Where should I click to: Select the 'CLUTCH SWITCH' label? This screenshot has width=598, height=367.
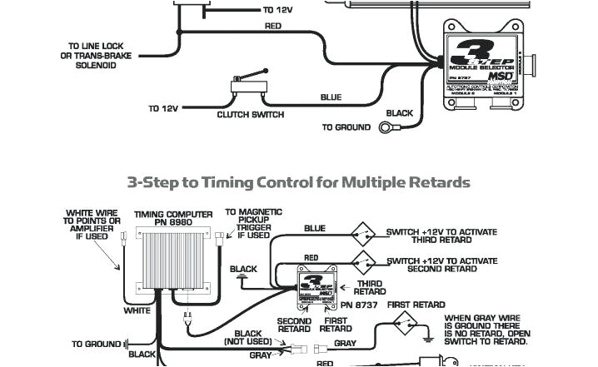[251, 114]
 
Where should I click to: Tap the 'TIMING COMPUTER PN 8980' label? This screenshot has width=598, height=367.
[180, 217]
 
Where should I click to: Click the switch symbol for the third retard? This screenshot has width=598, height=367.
[362, 231]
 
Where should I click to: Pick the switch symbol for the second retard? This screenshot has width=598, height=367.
[362, 259]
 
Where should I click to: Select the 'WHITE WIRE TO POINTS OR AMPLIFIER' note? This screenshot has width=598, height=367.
[92, 225]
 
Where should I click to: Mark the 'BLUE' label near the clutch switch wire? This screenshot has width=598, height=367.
[331, 97]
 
